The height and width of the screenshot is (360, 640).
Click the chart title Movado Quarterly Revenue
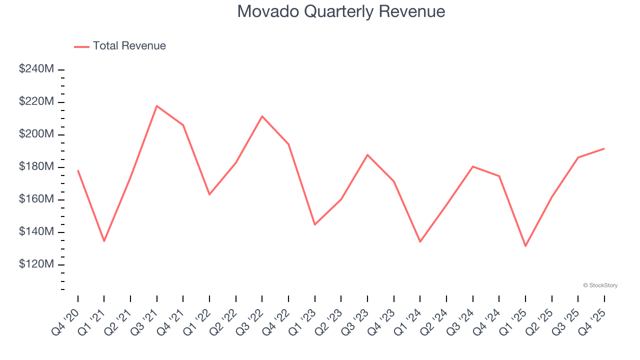pos(341,11)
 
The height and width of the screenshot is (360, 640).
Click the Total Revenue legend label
pos(129,46)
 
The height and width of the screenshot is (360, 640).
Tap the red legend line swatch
pos(81,46)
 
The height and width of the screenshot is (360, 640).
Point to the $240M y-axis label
pos(36,69)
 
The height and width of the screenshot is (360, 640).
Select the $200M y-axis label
pos(36,134)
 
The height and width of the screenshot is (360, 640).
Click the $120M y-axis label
pos(36,264)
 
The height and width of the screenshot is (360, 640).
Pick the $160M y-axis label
pos(36,199)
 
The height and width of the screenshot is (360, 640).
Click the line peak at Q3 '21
pos(157,106)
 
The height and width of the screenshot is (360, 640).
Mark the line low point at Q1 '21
pos(104,241)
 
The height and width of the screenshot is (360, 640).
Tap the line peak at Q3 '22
pos(262,116)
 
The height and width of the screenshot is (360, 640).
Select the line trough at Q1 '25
pos(525,246)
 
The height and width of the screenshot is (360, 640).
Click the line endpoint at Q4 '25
pos(604,148)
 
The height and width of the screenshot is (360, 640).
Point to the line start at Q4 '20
pos(78,170)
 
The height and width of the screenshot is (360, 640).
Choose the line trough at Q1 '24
pos(420,241)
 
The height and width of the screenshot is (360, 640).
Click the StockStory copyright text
pos(600,285)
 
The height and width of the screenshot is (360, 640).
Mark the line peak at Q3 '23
pos(367,154)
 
